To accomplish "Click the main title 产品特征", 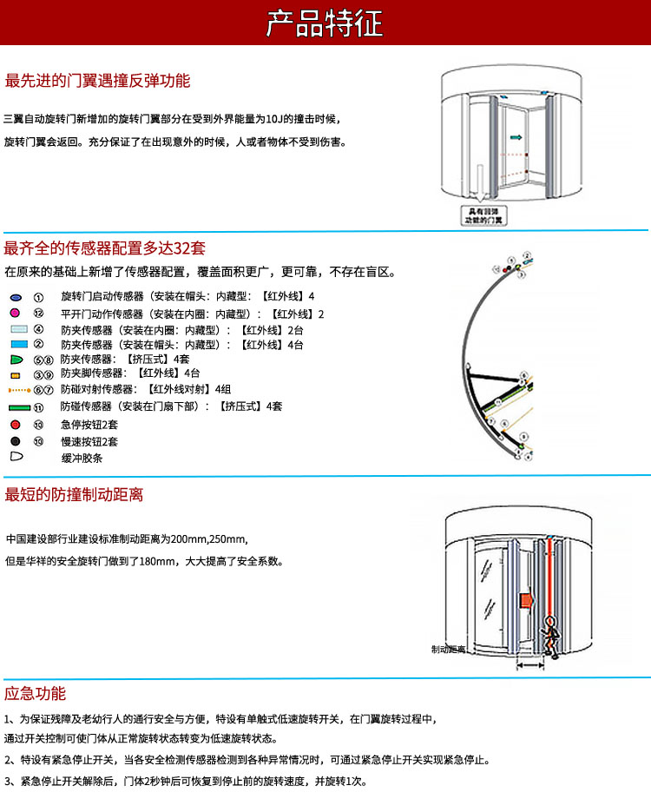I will click(x=325, y=23).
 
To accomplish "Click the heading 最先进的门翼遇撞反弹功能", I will click(x=97, y=82).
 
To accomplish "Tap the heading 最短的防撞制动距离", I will click(x=74, y=495).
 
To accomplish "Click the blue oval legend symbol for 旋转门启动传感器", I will click(x=16, y=297).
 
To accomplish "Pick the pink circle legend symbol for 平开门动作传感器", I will click(x=16, y=313).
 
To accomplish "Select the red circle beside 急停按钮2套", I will click(x=16, y=425).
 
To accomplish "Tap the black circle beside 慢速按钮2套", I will click(x=16, y=440).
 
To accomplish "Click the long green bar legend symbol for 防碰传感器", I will click(x=19, y=406).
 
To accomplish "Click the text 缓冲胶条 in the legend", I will click(x=82, y=457).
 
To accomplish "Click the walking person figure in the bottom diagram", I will click(x=549, y=633).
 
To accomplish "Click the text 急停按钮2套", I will click(x=89, y=425).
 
